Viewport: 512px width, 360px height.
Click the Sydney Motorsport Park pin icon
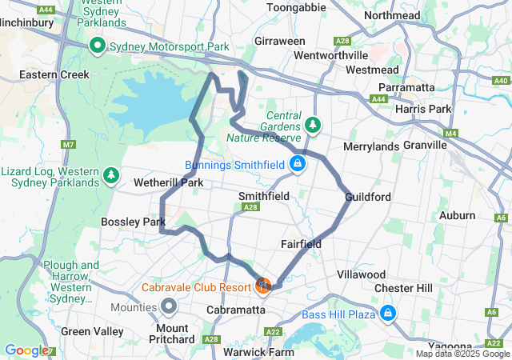98,46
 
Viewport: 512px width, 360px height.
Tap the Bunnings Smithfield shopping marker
298,165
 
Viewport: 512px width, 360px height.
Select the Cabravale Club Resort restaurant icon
263,285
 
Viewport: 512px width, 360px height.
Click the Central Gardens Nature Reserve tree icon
312,126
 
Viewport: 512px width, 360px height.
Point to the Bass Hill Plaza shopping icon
388,312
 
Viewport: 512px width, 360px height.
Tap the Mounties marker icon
169,306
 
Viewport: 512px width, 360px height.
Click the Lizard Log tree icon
111,174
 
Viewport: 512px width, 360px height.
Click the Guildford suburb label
367,197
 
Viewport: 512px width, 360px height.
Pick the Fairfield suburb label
301,243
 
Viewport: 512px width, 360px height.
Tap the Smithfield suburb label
264,195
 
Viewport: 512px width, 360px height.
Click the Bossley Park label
133,222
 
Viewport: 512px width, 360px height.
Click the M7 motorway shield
67,145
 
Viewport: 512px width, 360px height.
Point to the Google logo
26,350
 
